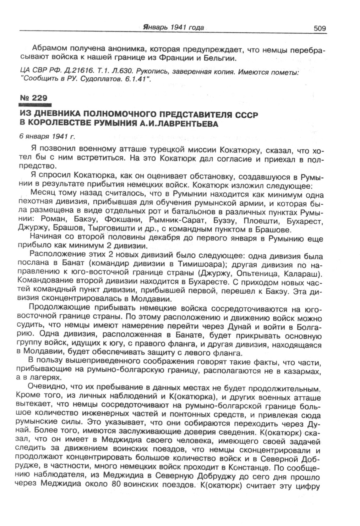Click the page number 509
(x=319, y=29)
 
